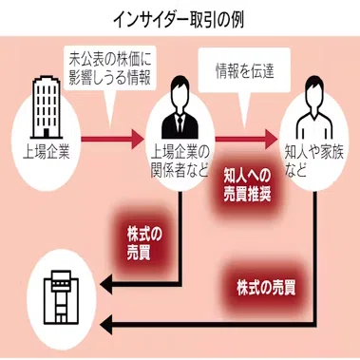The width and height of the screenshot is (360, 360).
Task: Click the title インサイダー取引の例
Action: [179, 21]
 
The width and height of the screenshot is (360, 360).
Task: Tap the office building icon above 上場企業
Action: [47, 106]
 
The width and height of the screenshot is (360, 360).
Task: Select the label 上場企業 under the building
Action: [47, 153]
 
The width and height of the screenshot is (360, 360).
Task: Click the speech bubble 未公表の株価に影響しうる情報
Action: [110, 71]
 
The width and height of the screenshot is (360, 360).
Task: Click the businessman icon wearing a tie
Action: [180, 107]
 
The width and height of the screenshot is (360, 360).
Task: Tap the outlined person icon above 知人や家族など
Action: [314, 107]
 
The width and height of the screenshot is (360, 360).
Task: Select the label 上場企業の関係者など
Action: [180, 162]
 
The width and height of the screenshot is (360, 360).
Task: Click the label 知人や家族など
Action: [314, 162]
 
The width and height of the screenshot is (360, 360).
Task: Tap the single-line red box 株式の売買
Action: [266, 287]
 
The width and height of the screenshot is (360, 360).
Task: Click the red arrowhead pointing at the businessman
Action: [138, 139]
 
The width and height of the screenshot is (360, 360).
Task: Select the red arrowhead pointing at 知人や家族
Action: [272, 139]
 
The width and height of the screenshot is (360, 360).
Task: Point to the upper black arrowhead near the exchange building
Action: [106, 284]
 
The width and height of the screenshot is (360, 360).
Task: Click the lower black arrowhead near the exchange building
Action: [106, 325]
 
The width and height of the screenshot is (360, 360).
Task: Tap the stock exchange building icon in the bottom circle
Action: [61, 297]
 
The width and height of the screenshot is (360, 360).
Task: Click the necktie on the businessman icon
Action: [180, 123]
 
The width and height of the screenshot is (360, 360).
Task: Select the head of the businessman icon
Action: [180, 90]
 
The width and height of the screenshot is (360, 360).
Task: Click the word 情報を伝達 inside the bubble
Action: [244, 70]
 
